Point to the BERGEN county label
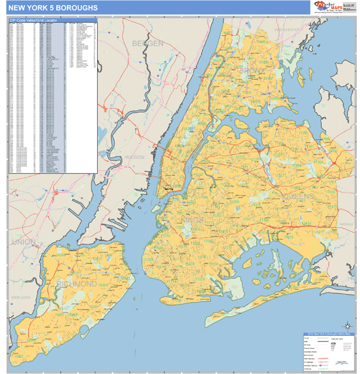148,43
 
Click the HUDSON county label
134,157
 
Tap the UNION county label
24,241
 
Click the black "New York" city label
169,188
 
